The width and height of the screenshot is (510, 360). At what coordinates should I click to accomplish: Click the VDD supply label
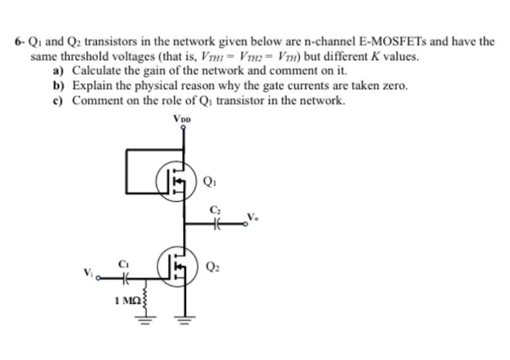coord(182,118)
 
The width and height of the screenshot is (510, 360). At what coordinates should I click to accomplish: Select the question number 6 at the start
coord(18,42)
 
